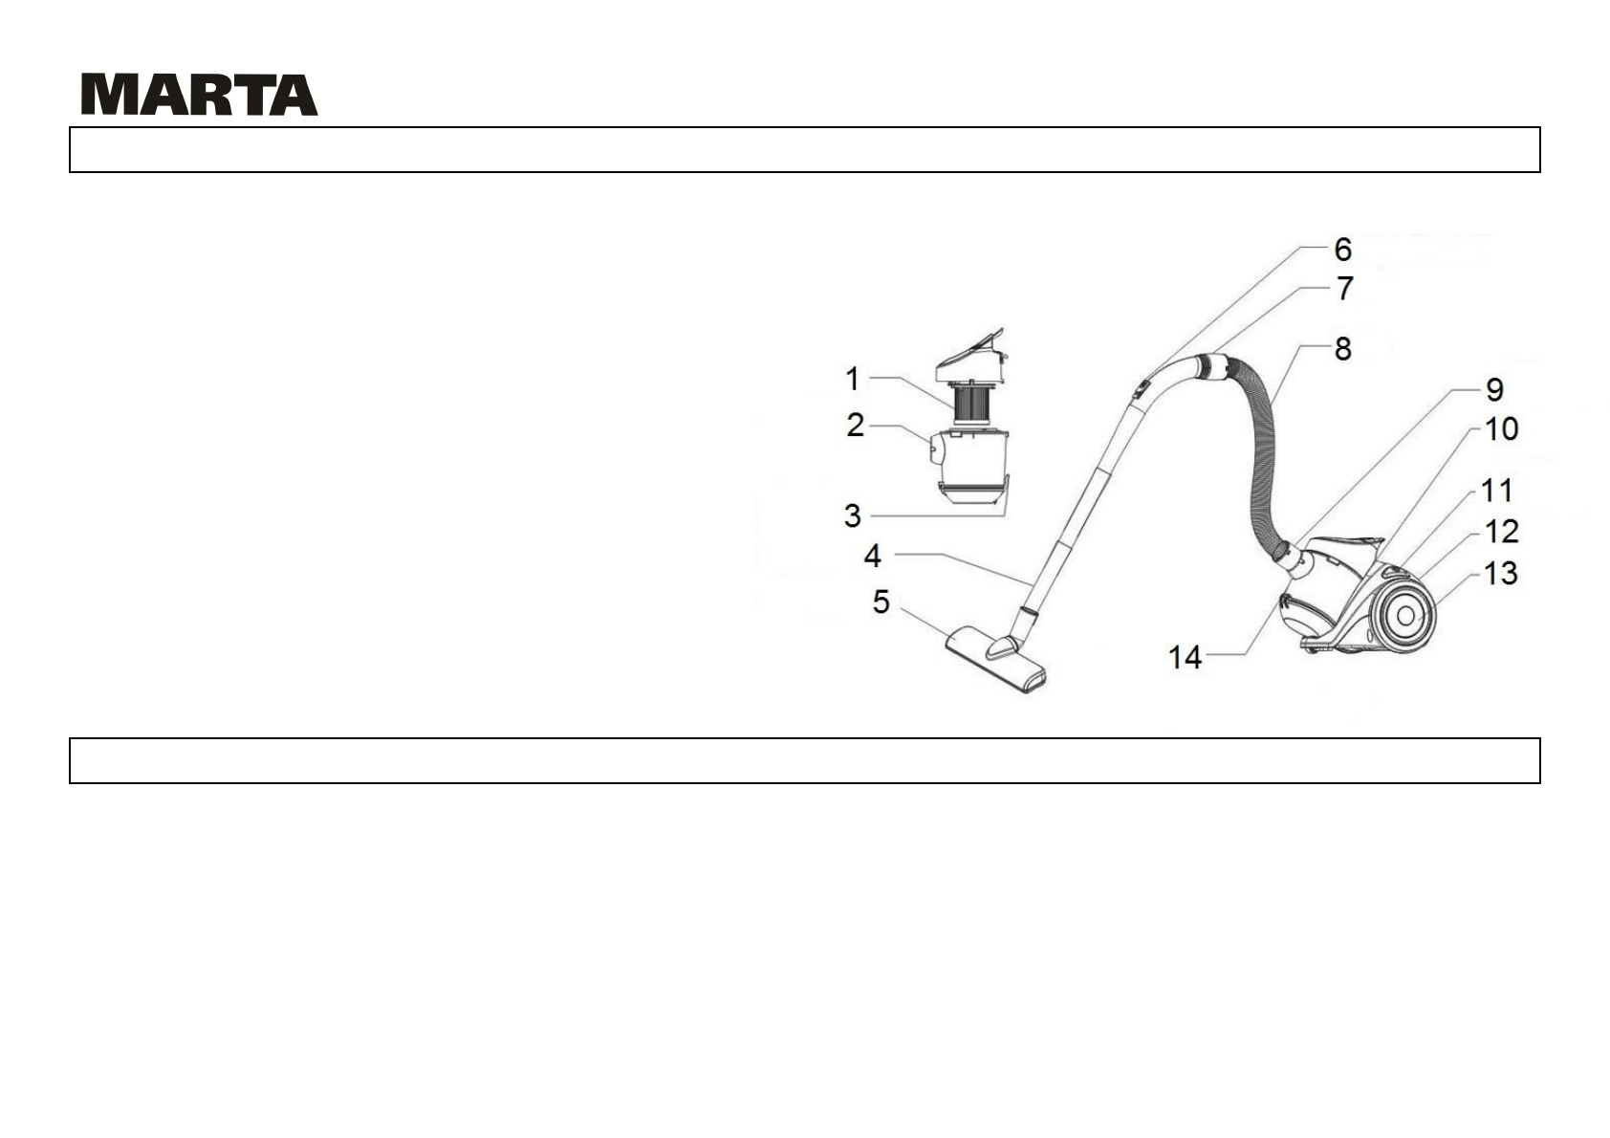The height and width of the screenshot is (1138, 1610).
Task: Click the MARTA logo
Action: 199,94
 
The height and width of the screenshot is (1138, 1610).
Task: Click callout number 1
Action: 853,379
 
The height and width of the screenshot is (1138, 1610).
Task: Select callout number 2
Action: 855,425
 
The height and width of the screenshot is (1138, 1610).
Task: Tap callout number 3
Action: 853,515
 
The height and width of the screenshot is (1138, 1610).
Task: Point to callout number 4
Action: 873,556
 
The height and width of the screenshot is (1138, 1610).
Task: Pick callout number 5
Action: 881,602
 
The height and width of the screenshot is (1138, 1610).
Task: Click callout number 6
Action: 1342,250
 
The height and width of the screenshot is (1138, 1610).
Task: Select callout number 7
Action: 1345,288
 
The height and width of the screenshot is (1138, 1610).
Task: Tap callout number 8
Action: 1342,349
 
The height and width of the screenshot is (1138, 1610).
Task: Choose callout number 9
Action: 1494,389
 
